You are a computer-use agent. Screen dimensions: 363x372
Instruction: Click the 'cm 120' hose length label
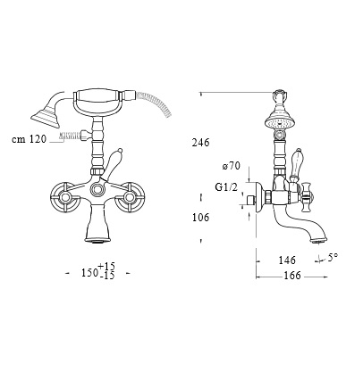click(x=30, y=139)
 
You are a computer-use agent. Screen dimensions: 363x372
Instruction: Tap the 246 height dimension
click(x=200, y=143)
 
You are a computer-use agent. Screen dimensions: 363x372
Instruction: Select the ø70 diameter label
click(x=231, y=166)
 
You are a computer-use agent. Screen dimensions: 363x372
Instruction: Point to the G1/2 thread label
click(x=226, y=187)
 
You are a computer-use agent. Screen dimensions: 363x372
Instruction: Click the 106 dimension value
click(x=200, y=218)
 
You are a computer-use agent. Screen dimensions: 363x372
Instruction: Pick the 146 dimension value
click(x=287, y=260)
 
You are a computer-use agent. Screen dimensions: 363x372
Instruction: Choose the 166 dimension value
click(x=292, y=276)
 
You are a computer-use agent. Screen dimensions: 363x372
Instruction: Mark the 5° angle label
click(x=333, y=257)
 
